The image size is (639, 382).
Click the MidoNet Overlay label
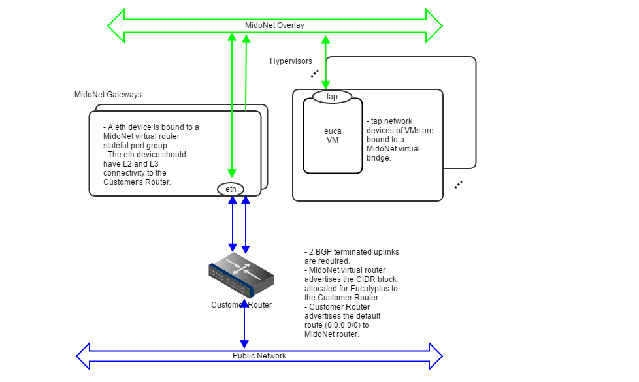pyautogui.click(x=274, y=25)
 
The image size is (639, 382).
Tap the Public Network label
pyautogui.click(x=259, y=356)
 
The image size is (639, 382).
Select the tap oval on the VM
pyautogui.click(x=332, y=97)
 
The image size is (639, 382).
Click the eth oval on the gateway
pyautogui.click(x=231, y=189)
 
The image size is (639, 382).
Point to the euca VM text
pyautogui.click(x=333, y=135)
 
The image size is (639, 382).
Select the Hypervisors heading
pyautogui.click(x=291, y=61)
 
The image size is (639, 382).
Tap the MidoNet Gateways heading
pyautogui.click(x=108, y=95)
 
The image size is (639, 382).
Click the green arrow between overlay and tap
pyautogui.click(x=325, y=63)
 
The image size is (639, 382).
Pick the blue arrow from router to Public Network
pyautogui.click(x=244, y=325)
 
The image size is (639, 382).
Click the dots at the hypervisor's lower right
pyautogui.click(x=458, y=185)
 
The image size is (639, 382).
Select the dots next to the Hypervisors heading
pyautogui.click(x=314, y=73)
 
